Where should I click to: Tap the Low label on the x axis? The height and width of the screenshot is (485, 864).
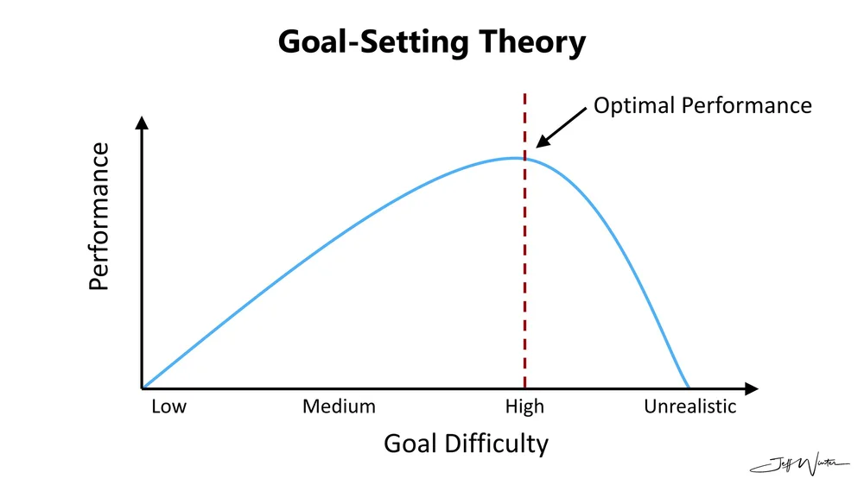tap(168, 406)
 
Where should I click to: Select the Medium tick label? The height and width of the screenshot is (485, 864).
tap(339, 406)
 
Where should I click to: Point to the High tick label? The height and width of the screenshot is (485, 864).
tap(524, 406)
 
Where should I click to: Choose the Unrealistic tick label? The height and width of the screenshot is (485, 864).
tap(690, 406)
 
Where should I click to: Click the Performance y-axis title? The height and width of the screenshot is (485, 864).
tap(100, 217)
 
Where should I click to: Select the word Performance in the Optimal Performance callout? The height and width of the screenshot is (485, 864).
tap(746, 105)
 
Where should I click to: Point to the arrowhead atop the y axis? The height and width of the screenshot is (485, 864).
tap(143, 121)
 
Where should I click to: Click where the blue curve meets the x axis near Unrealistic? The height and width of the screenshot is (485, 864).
tap(689, 387)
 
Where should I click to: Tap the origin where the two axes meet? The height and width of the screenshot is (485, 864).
tap(143, 389)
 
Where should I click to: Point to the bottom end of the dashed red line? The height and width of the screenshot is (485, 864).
tap(524, 387)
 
